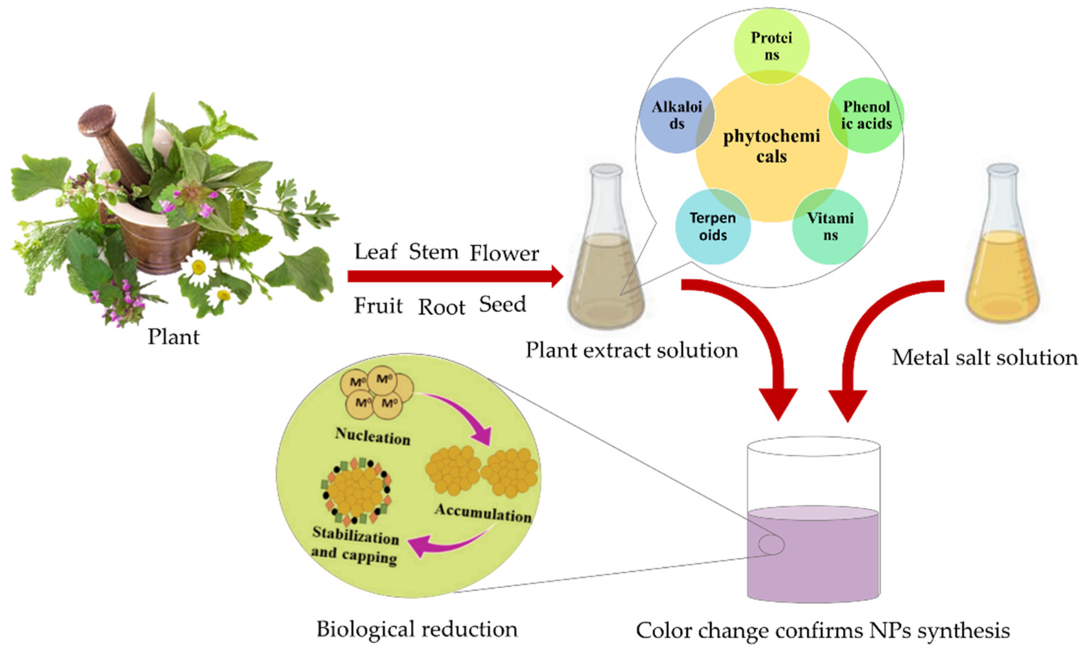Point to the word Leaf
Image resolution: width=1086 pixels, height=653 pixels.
(376, 252)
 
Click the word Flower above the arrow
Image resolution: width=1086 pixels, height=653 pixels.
(504, 254)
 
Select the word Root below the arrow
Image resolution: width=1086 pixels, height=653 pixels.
(441, 307)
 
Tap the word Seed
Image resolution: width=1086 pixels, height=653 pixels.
(502, 304)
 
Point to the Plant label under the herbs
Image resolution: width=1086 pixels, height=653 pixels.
(173, 337)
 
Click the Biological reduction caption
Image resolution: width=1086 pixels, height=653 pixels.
(417, 629)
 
